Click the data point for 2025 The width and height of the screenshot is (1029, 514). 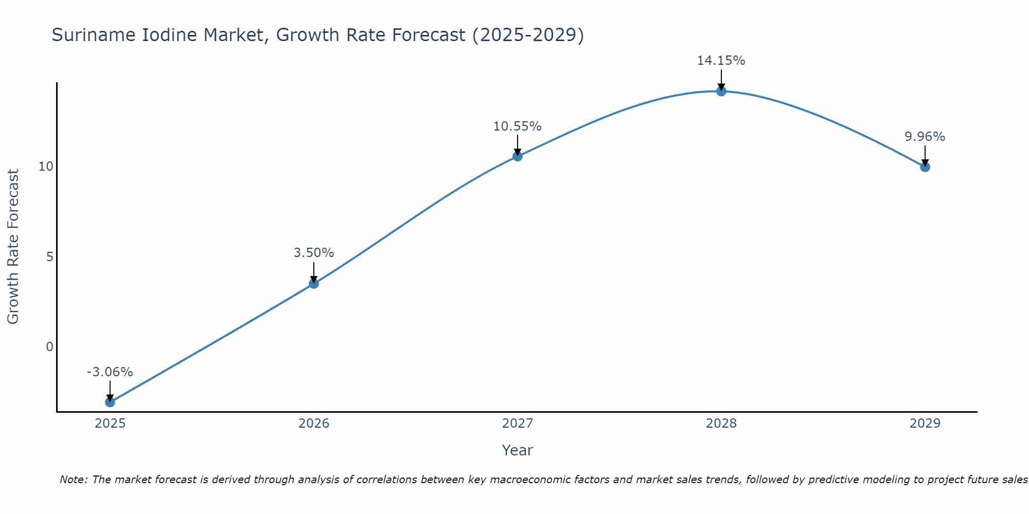pos(110,402)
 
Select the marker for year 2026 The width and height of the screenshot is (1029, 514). pos(314,284)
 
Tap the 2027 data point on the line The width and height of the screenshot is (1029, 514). pos(518,156)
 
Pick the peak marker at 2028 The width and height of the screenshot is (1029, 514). pos(721,91)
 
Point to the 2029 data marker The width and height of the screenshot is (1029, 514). pos(925,167)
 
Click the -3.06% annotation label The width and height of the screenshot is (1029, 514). pos(110,372)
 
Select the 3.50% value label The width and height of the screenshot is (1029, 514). pos(314,253)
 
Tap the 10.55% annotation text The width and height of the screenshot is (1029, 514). pos(518,126)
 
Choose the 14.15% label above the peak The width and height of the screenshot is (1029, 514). pos(721,61)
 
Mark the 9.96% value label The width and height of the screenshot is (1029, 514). pos(925,137)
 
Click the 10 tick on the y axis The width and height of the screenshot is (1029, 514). pos(46,167)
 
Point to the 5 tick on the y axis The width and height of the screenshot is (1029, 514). pos(50,257)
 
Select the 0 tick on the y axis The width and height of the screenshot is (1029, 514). pos(50,347)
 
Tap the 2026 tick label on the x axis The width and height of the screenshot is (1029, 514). pos(314,424)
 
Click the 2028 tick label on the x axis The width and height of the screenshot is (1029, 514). pos(721,424)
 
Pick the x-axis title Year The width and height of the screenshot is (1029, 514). pos(518,450)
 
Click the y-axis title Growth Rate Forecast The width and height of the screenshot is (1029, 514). pos(13,247)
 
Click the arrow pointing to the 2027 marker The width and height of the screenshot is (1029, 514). pos(518,145)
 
